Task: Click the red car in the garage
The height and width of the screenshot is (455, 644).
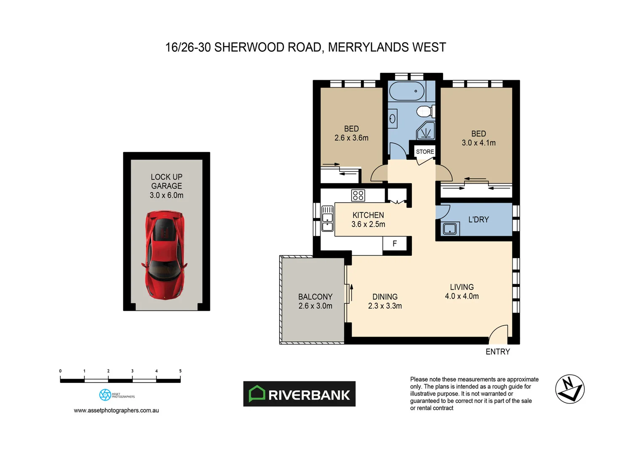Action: click(x=164, y=255)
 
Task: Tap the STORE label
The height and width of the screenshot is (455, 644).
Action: click(x=425, y=152)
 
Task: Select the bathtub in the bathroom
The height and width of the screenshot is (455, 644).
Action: click(x=406, y=91)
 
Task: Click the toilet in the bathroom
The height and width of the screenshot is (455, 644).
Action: click(x=424, y=112)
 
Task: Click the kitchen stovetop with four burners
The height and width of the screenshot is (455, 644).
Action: click(x=358, y=195)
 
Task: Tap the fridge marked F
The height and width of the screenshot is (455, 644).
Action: click(x=395, y=244)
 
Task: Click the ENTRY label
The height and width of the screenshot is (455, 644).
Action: click(x=497, y=352)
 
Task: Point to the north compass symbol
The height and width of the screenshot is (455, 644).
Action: click(x=569, y=389)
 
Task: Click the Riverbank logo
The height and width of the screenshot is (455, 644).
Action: click(x=299, y=394)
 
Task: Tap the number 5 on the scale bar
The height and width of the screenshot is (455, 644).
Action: click(x=180, y=371)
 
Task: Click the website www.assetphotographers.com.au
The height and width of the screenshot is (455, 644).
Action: click(x=116, y=410)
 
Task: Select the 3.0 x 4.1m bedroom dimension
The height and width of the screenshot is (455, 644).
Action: click(x=478, y=143)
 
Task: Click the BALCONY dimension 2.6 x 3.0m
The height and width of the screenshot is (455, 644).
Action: click(x=315, y=306)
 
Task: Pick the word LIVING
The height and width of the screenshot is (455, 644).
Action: click(x=462, y=287)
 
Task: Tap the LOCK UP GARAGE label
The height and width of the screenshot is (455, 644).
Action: click(x=166, y=182)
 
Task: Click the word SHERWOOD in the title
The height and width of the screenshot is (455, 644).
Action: click(x=249, y=47)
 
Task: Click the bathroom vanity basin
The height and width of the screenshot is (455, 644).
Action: click(x=393, y=119)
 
